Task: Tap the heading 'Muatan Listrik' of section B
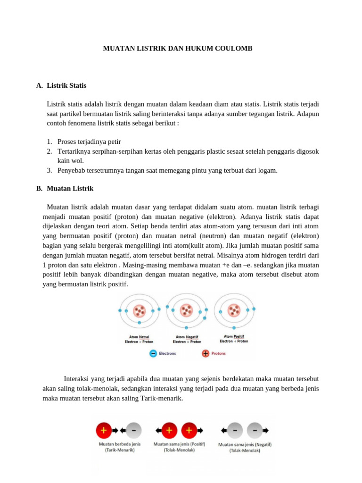pyautogui.click(x=70, y=188)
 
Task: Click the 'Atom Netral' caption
pyautogui.click(x=139, y=337)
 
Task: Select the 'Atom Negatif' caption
pyautogui.click(x=187, y=337)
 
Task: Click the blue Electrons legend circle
pyautogui.click(x=153, y=353)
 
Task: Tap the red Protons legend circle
pyautogui.click(x=206, y=353)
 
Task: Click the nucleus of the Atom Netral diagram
pyautogui.click(x=139, y=311)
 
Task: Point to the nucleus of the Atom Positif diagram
pyautogui.click(x=234, y=310)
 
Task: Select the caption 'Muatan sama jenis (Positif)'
pyautogui.click(x=179, y=444)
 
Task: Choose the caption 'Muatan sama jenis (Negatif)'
pyautogui.click(x=245, y=444)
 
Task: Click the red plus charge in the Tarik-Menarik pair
pyautogui.click(x=103, y=430)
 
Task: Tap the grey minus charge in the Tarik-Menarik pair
pyautogui.click(x=134, y=430)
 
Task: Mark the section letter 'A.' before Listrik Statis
pyautogui.click(x=39, y=85)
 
